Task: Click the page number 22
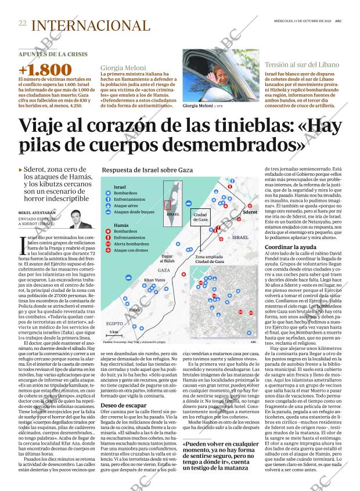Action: coord(22,24)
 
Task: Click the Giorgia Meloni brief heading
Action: coord(123,67)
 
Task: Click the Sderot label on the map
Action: coord(250,212)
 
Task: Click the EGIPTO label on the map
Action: coord(115,323)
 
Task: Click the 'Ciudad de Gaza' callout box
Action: coord(200,216)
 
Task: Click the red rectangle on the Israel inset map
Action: coord(168,204)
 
